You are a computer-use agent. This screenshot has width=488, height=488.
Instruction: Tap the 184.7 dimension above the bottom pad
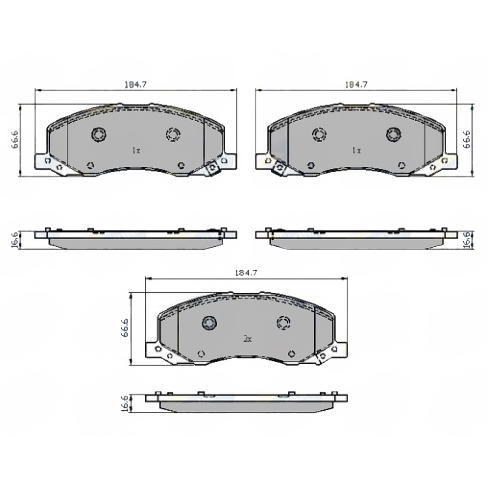(247, 272)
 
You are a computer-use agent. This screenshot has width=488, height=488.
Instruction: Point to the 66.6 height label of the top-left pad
(15, 139)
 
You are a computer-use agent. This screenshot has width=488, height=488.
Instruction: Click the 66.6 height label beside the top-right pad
(467, 139)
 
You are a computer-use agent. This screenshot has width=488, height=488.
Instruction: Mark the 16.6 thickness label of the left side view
(15, 240)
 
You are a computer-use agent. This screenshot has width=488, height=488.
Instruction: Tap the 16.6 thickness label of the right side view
(467, 240)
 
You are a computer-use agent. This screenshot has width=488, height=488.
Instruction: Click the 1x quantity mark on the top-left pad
(136, 151)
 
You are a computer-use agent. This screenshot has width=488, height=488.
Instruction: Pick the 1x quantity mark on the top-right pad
(356, 151)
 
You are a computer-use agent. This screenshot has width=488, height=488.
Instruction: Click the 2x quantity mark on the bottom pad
(247, 339)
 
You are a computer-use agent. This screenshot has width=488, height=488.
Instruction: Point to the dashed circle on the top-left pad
(173, 134)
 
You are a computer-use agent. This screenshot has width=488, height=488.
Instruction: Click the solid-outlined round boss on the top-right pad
(394, 134)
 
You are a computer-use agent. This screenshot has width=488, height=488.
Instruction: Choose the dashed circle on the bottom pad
(283, 322)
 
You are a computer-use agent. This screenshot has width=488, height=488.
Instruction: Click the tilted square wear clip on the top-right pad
(278, 169)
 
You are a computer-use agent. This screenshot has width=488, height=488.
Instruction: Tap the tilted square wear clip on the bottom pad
(323, 357)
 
